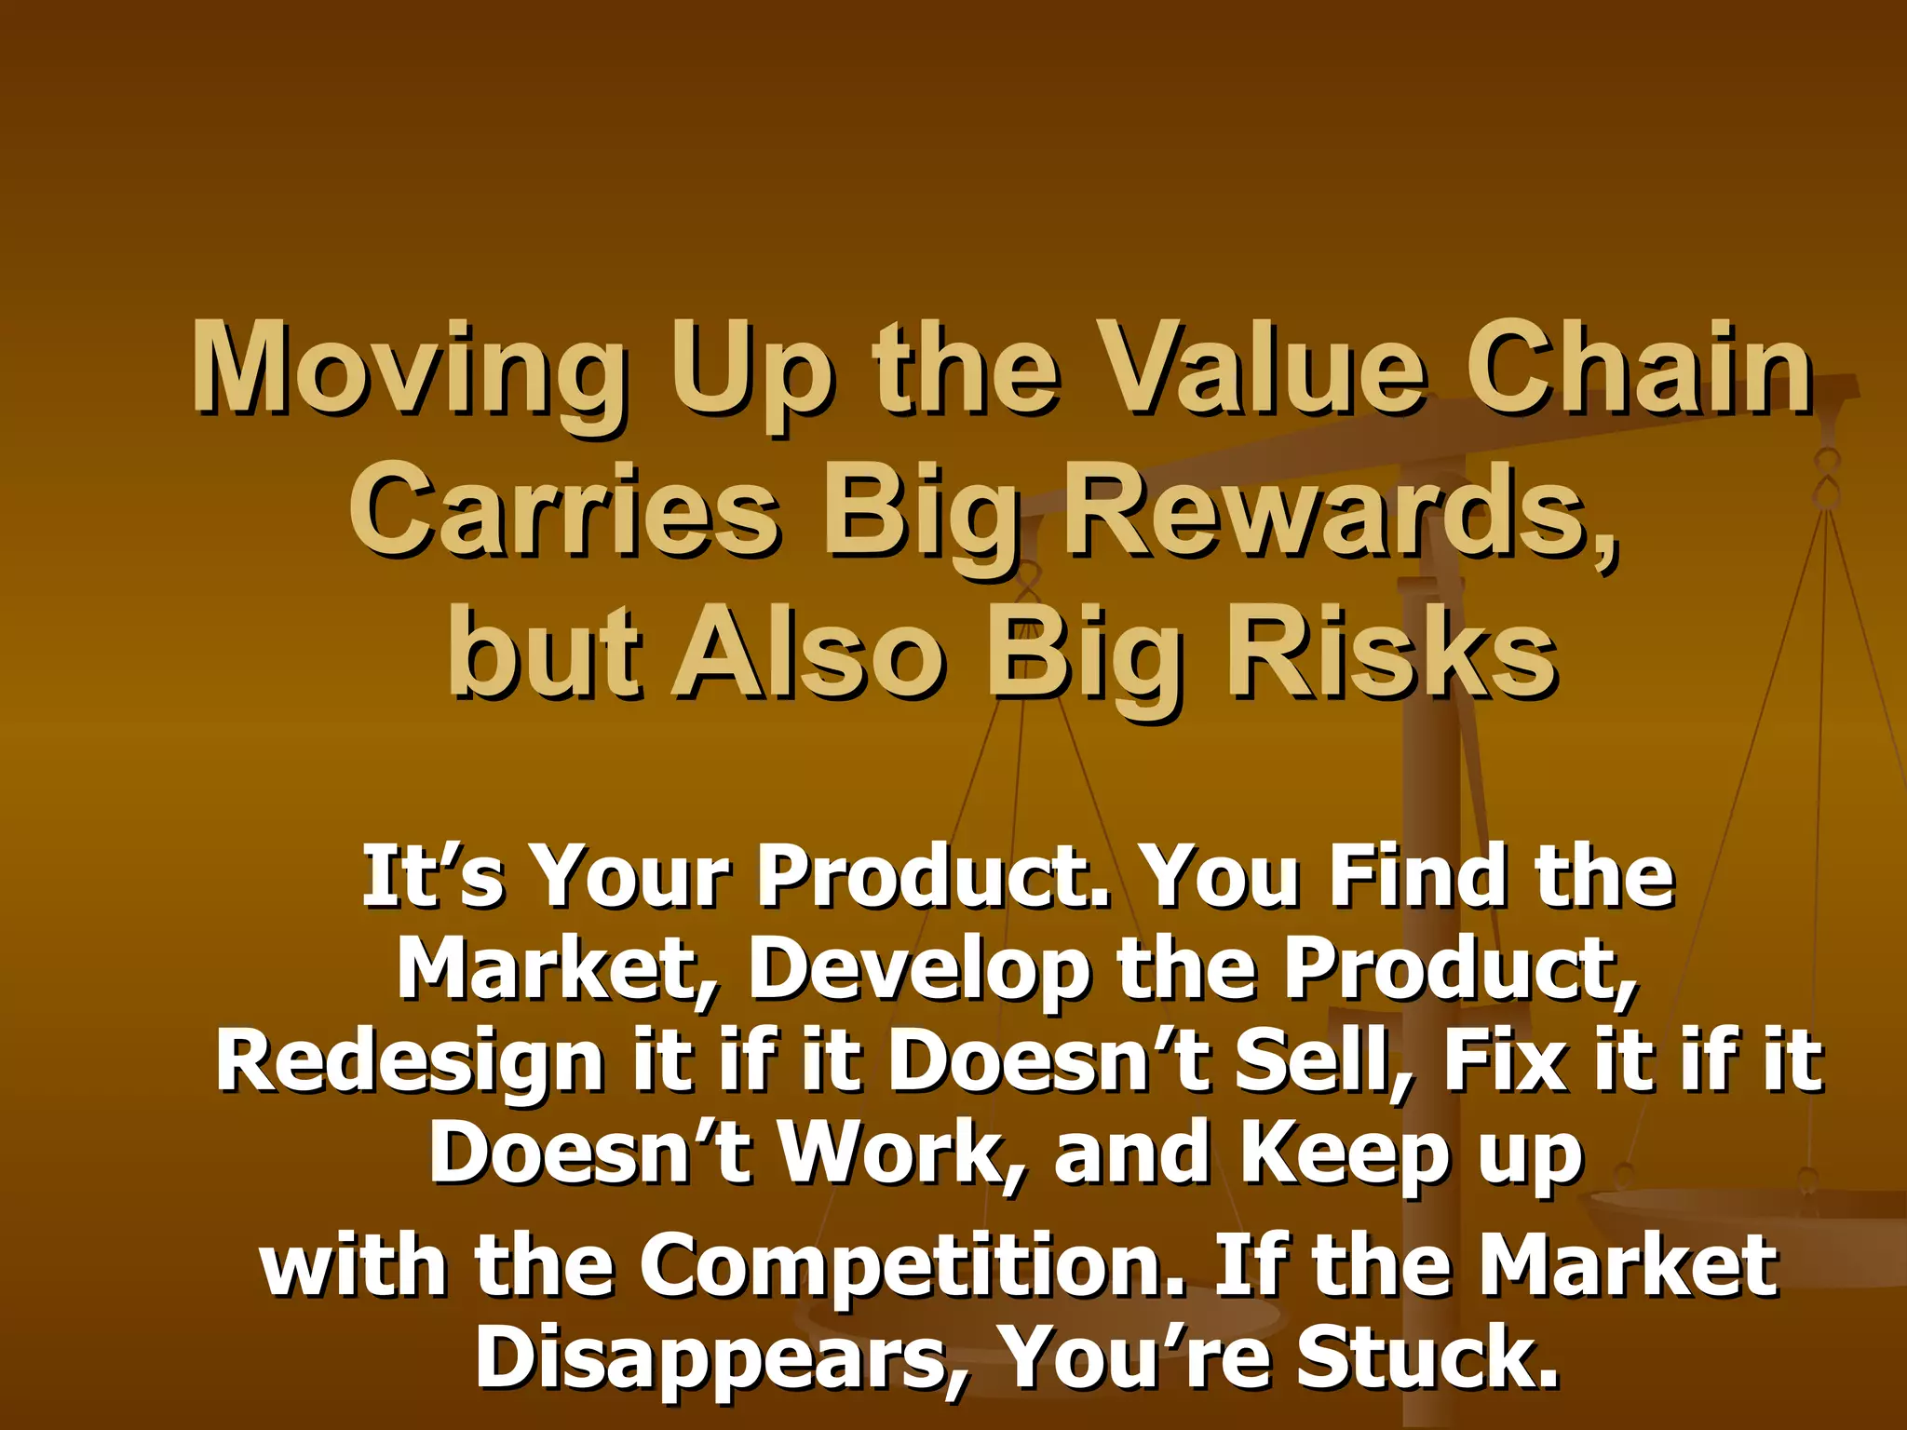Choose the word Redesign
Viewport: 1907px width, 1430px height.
(x=410, y=1063)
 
